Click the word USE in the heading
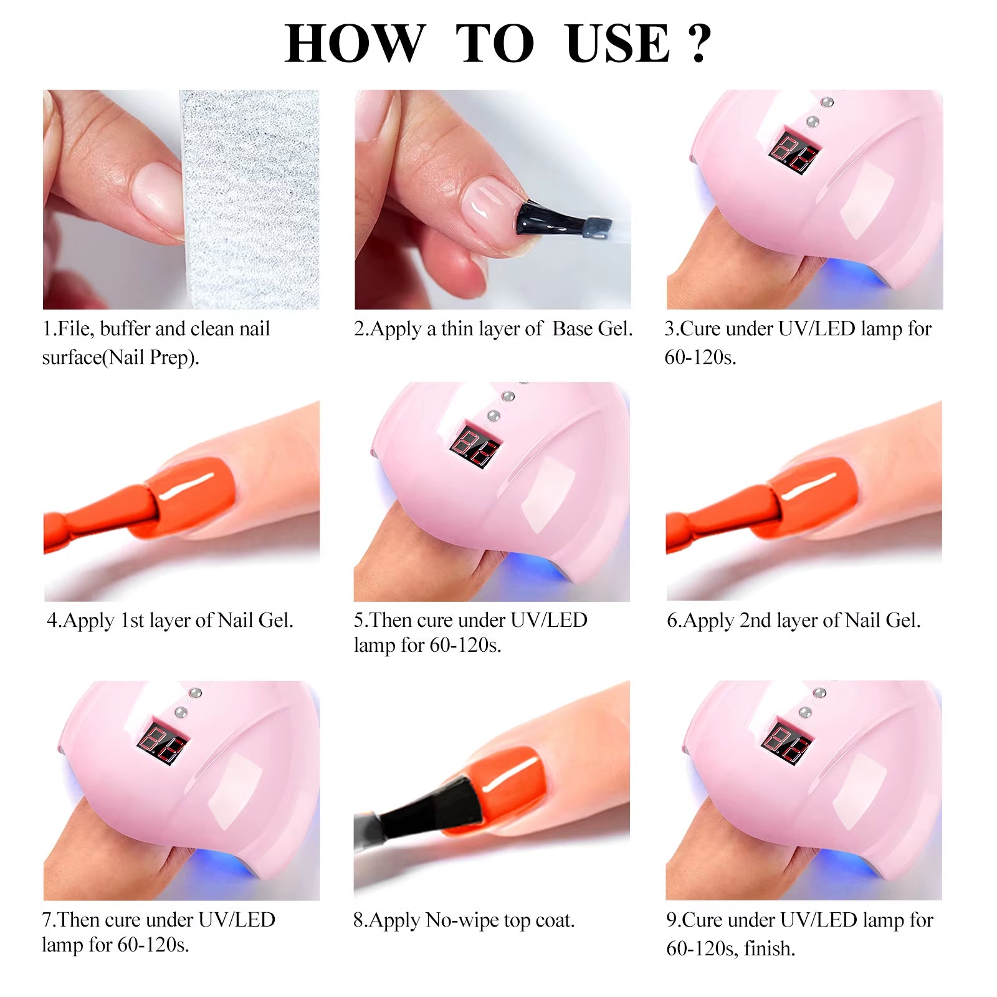(x=618, y=44)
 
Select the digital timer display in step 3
(x=794, y=151)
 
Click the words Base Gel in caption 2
(x=592, y=328)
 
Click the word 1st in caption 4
(x=131, y=621)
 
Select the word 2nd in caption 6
(x=755, y=621)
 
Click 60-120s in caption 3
(x=699, y=358)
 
